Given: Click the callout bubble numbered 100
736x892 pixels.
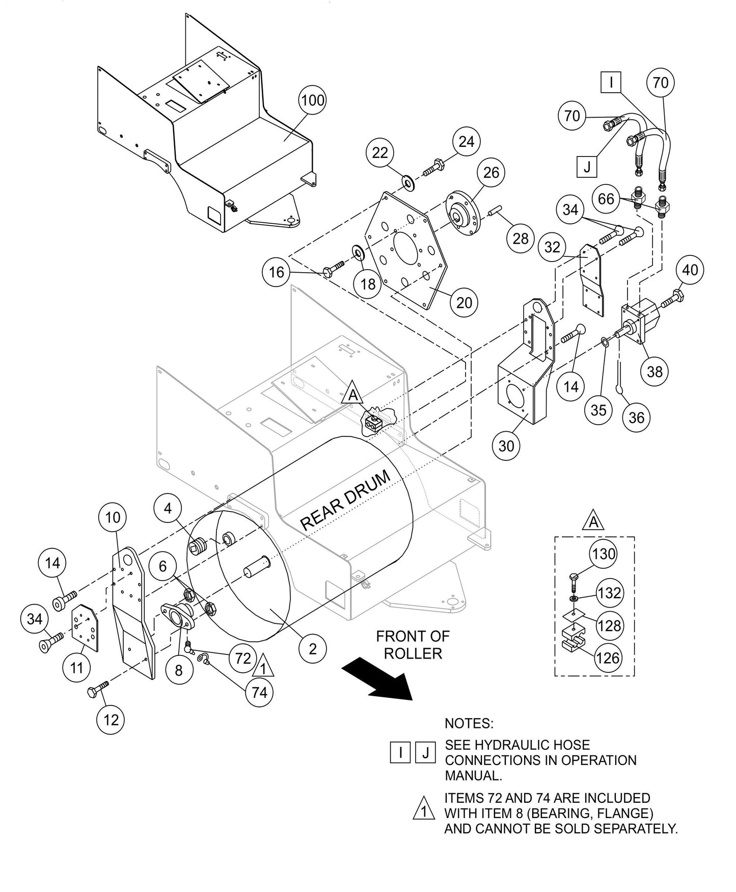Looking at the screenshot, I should click(x=312, y=100).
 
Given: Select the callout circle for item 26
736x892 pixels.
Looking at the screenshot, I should click(x=491, y=172).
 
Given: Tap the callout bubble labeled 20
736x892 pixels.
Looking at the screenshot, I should click(x=464, y=303).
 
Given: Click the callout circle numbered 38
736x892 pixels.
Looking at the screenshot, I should click(x=655, y=371).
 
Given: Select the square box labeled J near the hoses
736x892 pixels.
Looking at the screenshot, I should click(x=587, y=167).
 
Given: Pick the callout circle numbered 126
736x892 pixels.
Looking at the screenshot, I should click(x=608, y=658).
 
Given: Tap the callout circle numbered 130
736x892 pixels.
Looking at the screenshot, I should click(x=604, y=554).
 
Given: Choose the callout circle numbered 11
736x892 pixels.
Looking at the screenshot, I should click(x=76, y=667).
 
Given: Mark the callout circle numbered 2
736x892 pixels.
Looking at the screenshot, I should click(x=312, y=648).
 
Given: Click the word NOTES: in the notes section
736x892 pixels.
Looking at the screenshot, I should click(x=469, y=723).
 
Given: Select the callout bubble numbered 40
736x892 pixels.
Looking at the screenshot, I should click(x=690, y=270).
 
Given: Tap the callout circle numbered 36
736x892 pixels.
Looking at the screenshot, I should click(x=637, y=418).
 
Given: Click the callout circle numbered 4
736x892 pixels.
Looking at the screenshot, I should click(x=168, y=508).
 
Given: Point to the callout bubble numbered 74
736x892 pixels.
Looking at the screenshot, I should click(x=259, y=693).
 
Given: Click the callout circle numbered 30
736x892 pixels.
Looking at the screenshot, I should click(x=506, y=446).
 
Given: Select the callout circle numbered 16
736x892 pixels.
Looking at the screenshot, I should click(x=276, y=272).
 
